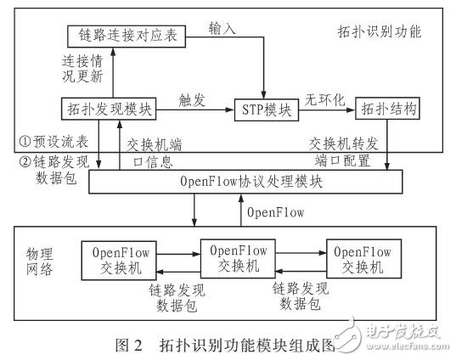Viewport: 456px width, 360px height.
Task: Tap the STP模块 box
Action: pyautogui.click(x=264, y=109)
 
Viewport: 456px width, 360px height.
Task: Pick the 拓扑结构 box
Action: pyautogui.click(x=389, y=109)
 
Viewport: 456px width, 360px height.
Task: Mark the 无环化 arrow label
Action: pyautogui.click(x=326, y=98)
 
